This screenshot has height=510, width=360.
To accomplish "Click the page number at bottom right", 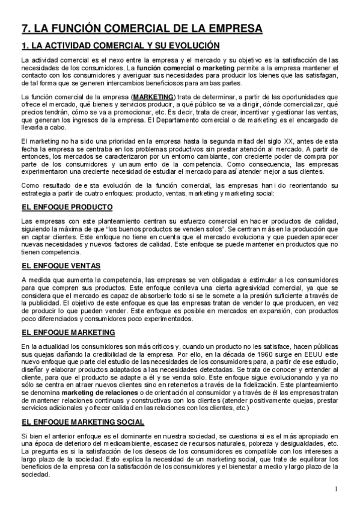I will click(x=338, y=488).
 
